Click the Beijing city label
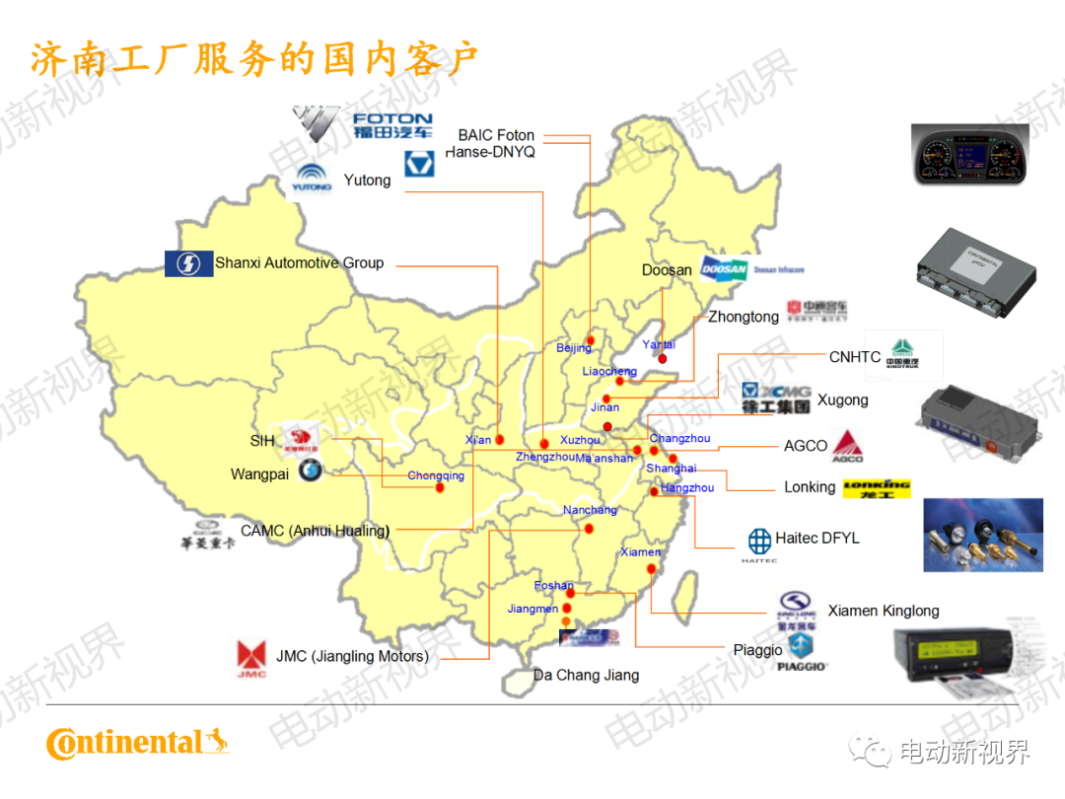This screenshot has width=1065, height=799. (574, 347)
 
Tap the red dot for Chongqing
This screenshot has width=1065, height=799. (440, 487)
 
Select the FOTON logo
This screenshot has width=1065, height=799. (365, 124)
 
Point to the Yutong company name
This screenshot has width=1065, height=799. (367, 181)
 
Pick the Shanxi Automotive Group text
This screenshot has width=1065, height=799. (299, 263)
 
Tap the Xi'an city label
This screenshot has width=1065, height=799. (478, 440)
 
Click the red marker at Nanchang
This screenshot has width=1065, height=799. (589, 529)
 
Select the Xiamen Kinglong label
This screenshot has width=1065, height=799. (884, 611)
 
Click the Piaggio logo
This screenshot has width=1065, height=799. (802, 652)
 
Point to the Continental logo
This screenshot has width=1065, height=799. (137, 743)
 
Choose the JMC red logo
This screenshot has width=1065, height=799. (250, 658)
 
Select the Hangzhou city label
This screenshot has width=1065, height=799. (687, 488)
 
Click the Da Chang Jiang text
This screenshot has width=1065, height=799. (586, 676)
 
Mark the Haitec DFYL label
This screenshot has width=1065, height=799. (817, 539)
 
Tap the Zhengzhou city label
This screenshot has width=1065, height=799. (544, 457)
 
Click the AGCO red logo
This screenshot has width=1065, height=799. (847, 446)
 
